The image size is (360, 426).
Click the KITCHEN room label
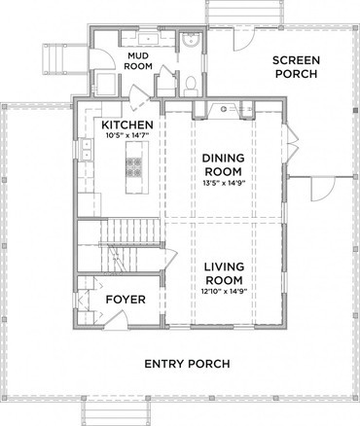click(127, 124)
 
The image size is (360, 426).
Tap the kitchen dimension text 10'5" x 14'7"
click(127, 135)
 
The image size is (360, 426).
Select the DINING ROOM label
click(224, 164)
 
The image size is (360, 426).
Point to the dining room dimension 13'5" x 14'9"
click(224, 183)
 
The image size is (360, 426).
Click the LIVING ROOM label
click(224, 273)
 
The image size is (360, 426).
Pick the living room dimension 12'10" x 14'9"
click(224, 291)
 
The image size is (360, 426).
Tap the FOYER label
click(126, 300)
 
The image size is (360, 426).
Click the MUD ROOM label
click(138, 61)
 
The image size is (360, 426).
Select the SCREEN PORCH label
click(296, 67)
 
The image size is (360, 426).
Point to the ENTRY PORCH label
click(187, 364)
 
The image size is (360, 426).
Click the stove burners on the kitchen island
click(134, 166)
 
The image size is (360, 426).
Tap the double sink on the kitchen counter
click(87, 150)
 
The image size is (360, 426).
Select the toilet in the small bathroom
click(191, 85)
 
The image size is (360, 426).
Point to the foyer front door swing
click(116, 320)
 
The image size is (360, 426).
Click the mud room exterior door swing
click(102, 58)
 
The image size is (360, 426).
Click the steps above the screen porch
click(244, 12)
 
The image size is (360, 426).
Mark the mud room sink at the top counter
click(149, 39)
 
